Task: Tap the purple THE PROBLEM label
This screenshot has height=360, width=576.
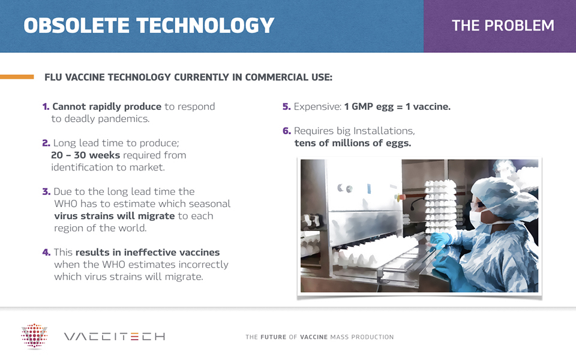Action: pos(503,26)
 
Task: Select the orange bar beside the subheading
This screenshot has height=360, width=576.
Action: pos(17,77)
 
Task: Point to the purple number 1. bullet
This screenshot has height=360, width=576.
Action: pos(46,107)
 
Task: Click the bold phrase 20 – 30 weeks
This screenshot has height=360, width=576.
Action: pos(86,155)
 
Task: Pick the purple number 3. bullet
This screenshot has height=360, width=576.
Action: pos(46,191)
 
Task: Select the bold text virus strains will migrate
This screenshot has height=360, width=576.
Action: pos(114,215)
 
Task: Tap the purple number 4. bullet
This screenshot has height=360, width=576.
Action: pos(46,253)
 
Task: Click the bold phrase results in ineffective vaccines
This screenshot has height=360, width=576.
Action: pos(148,253)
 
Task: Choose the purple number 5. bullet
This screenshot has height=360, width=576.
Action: pos(287,107)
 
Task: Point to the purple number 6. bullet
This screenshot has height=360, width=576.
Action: pos(287,131)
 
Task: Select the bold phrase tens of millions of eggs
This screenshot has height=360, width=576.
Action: pos(353,143)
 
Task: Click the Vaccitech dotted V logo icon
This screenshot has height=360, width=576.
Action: pos(34,335)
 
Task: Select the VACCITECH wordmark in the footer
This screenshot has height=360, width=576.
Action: pos(115,337)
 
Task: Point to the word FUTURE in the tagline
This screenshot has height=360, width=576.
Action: pos(274,337)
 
